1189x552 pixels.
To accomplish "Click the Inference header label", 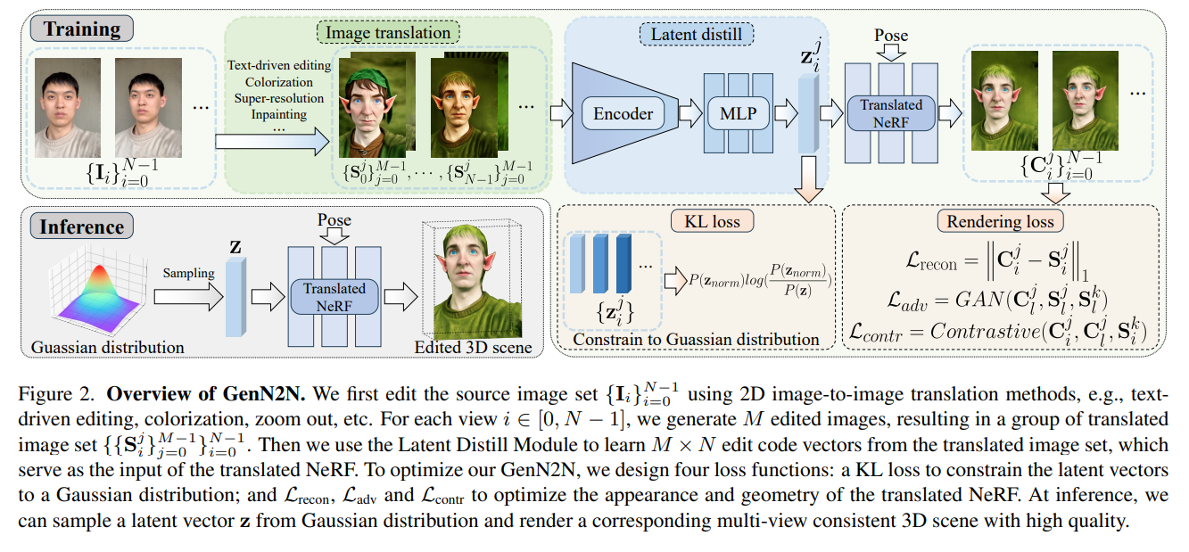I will (81, 226).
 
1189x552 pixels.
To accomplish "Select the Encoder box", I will (623, 113).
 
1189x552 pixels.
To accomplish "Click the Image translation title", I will (388, 34).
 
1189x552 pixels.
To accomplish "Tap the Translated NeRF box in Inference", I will (334, 294).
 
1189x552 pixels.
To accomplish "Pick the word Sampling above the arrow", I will (188, 275).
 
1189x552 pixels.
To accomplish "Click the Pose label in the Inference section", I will (334, 219).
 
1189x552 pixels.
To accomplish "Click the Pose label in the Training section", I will (891, 36).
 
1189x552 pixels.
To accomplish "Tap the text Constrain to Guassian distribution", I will (696, 340).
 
